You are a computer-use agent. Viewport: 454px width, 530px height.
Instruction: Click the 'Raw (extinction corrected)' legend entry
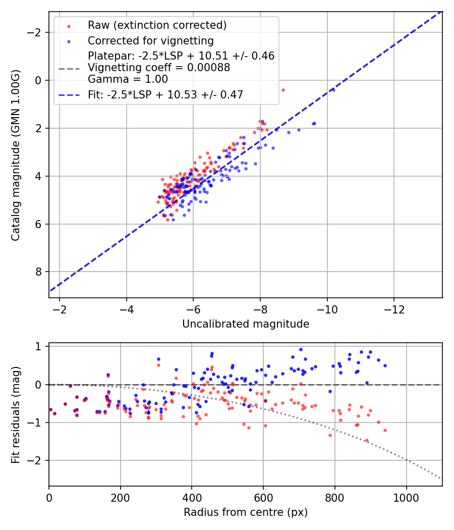pos(157,25)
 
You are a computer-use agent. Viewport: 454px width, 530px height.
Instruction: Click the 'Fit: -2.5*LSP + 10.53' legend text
pos(165,94)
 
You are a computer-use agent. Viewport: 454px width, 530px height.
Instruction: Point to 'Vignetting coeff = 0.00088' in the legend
pos(159,68)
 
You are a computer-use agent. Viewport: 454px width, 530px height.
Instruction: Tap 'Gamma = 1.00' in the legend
pos(128,79)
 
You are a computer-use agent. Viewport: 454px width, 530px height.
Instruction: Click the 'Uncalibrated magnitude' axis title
pos(246,324)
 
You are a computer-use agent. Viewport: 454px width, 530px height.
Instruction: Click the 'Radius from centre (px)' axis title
pos(246,512)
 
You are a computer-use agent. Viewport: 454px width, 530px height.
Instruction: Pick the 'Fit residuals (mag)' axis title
pos(16,414)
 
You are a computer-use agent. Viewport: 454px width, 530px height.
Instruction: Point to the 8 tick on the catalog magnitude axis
pos(38,272)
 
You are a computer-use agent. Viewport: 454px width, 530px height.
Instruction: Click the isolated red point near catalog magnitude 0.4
pos(283,90)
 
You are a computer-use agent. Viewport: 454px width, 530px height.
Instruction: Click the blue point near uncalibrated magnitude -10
pos(333,90)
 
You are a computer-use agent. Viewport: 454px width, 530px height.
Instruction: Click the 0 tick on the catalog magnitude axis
pos(38,80)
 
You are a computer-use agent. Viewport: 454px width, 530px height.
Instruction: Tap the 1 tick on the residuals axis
pos(38,347)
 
